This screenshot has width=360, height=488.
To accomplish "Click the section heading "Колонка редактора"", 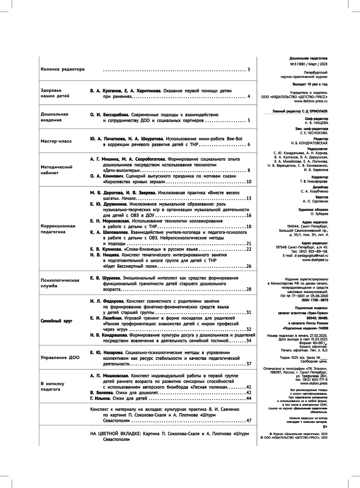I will (63, 69).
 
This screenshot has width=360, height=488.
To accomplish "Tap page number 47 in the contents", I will (248, 421).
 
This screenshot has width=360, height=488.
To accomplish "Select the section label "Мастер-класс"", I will (56, 141).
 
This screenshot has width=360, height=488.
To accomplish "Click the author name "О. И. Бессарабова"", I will (109, 115).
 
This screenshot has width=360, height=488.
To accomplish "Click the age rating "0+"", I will (325, 427).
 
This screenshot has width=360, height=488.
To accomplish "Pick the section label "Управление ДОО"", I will (60, 358).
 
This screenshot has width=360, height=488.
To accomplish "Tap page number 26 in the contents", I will (248, 266).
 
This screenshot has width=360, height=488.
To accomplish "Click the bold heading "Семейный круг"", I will (56, 321).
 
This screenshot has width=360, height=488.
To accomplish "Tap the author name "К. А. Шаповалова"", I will (109, 232).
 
